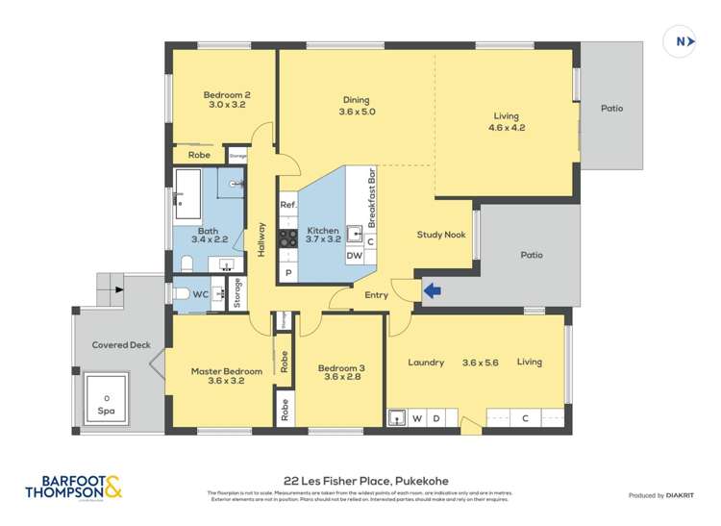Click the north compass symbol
pyautogui.click(x=680, y=41)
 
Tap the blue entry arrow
pyautogui.click(x=432, y=288)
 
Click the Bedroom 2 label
pyautogui.click(x=227, y=100)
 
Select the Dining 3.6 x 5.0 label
pyautogui.click(x=356, y=106)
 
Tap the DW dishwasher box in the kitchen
pyautogui.click(x=355, y=256)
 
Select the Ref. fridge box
pyautogui.click(x=287, y=205)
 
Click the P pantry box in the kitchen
pyautogui.click(x=287, y=273)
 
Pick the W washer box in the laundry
pyautogui.click(x=418, y=418)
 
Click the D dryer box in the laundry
pyautogui.click(x=436, y=418)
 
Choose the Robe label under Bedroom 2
pyautogui.click(x=199, y=155)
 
